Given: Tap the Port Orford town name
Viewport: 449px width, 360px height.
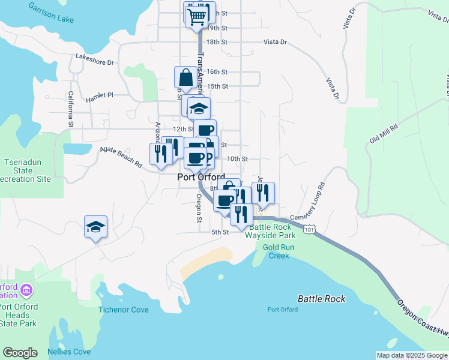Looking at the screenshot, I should click(x=201, y=178).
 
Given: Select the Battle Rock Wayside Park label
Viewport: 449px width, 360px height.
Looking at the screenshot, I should click(x=270, y=231).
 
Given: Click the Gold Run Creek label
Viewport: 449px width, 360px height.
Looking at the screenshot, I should click(x=276, y=251).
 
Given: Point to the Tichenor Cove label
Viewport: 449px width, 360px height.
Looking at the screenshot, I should click(x=124, y=310).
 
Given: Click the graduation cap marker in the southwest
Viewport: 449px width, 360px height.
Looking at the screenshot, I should click(x=95, y=227).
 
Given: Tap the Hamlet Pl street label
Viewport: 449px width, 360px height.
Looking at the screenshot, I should click(x=99, y=95).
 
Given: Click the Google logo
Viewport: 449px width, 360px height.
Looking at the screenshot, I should click(x=20, y=353).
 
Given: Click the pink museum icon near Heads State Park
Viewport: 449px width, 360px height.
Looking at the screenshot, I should click(x=26, y=291).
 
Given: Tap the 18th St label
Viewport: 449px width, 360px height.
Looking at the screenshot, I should click(x=217, y=42).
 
